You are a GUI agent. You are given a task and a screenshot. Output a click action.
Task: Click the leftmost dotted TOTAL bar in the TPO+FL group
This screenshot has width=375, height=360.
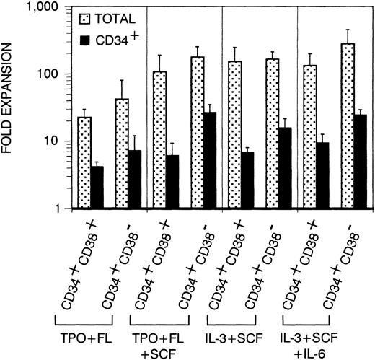coord(84,162)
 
